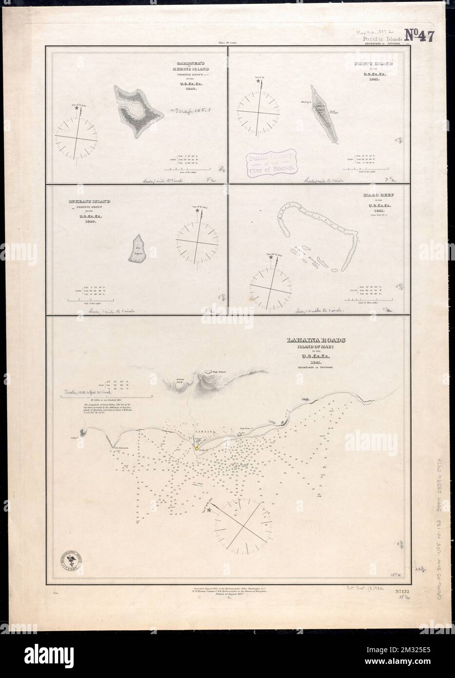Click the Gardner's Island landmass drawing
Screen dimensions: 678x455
(137, 110)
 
